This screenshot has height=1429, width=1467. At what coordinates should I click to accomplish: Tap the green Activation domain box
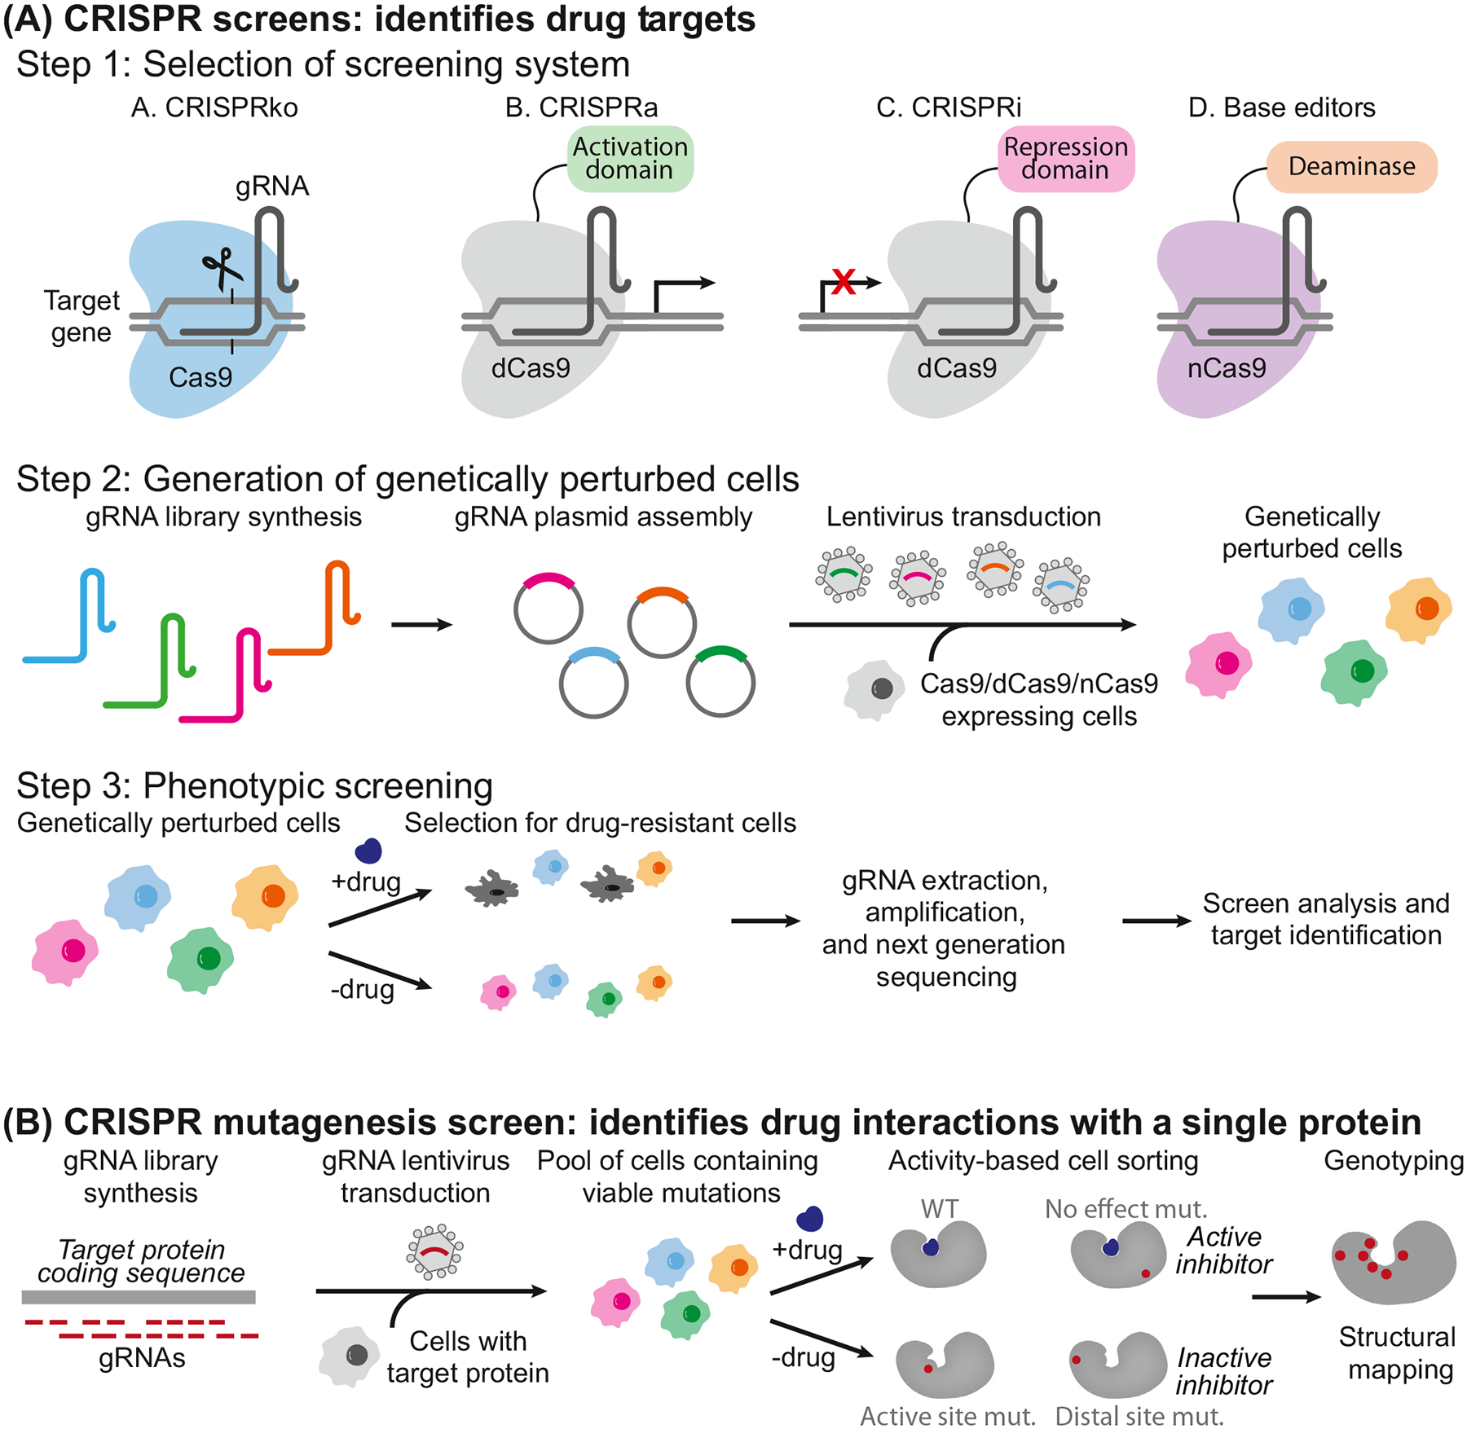(630, 159)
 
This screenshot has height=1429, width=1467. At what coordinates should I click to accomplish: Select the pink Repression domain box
(1066, 159)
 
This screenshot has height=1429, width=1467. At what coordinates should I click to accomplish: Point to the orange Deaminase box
(1351, 167)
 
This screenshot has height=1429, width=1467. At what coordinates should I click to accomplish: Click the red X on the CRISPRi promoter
(844, 282)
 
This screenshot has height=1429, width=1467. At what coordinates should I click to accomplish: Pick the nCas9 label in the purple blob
(1226, 369)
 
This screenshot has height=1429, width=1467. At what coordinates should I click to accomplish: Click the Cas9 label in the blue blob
(200, 377)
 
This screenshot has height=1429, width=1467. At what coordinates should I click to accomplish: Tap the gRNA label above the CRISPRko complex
(272, 187)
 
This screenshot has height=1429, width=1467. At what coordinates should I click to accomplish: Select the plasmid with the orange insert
(662, 622)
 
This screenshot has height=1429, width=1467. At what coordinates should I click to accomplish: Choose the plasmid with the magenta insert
(548, 608)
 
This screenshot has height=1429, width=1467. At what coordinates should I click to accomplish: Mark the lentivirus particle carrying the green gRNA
(844, 574)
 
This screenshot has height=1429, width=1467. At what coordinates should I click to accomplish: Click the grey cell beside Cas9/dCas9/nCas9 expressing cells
(875, 689)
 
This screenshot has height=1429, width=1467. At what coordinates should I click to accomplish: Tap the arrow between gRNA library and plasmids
(421, 625)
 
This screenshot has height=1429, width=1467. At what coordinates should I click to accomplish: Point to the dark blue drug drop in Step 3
(368, 851)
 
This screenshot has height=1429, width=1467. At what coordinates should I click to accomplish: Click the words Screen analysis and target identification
(1325, 919)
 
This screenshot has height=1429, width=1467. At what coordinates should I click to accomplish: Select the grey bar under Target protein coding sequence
(139, 1297)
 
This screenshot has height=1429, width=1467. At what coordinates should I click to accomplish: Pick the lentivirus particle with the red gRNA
(434, 1251)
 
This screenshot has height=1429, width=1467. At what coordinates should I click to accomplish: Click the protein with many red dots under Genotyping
(1394, 1262)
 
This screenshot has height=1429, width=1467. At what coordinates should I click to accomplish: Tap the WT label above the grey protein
(939, 1209)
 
